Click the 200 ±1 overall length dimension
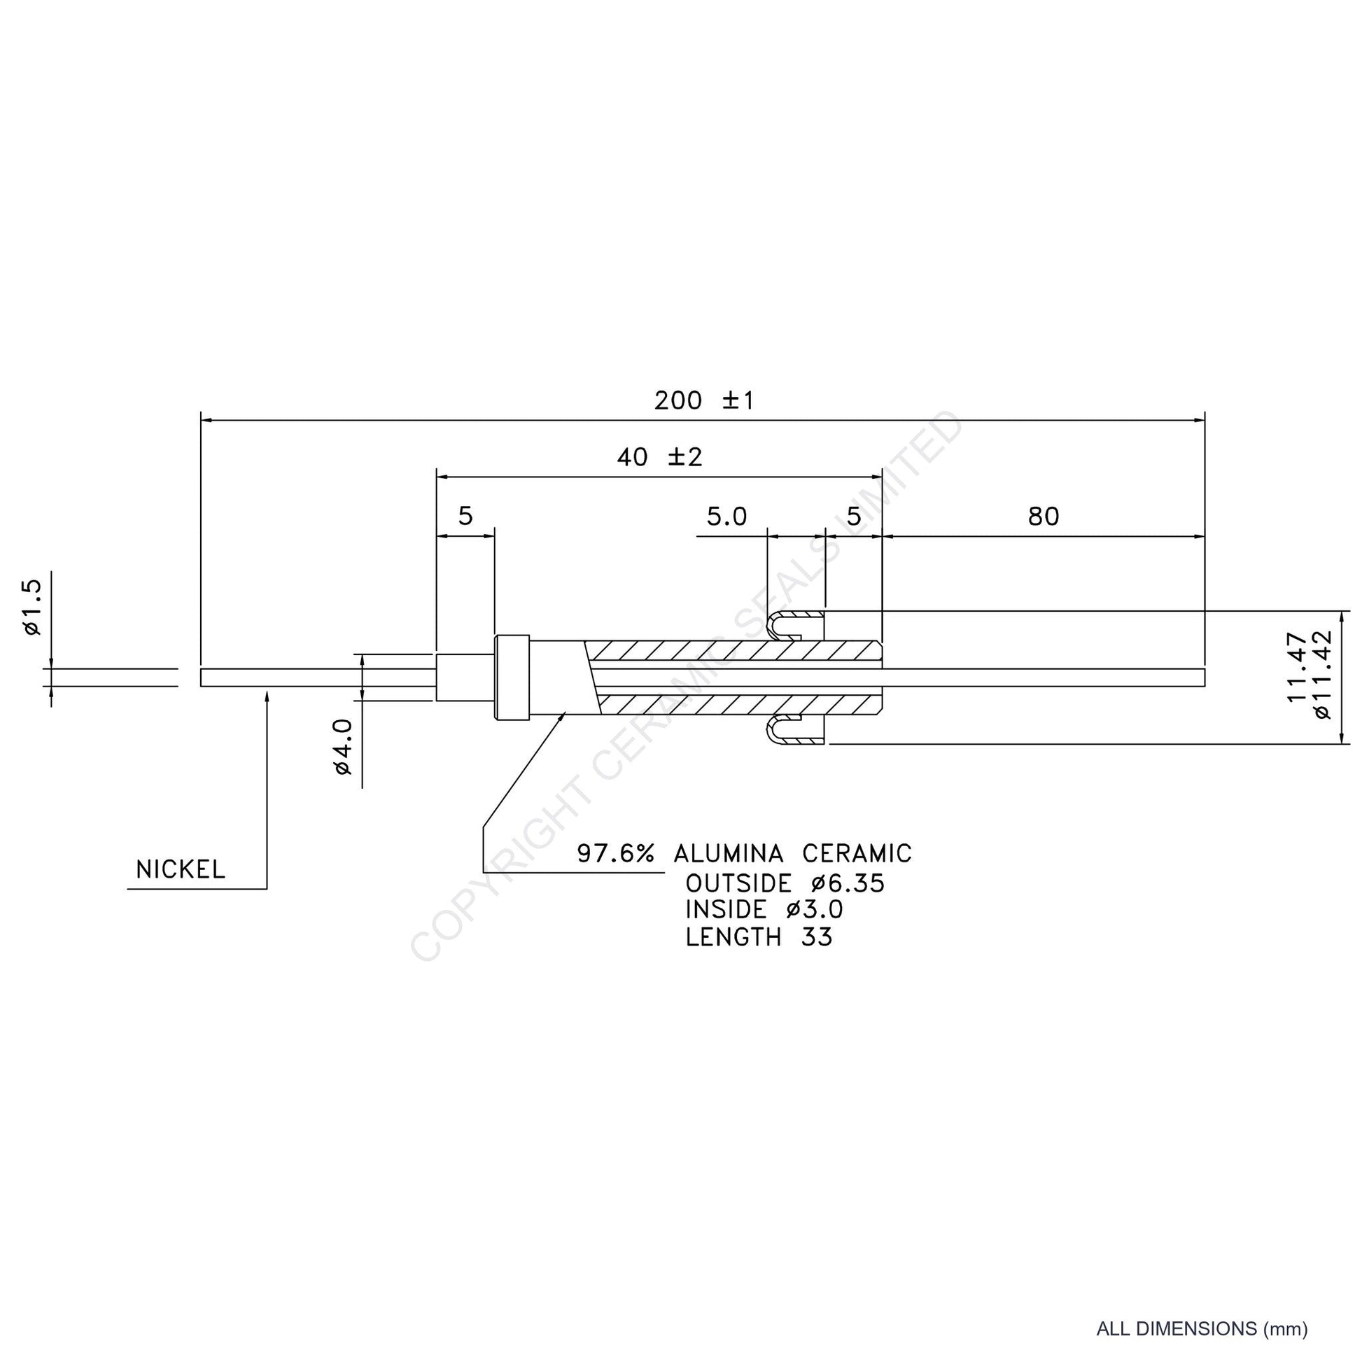click(703, 400)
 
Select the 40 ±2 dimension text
click(660, 458)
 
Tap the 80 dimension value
click(1044, 517)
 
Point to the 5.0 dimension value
click(726, 517)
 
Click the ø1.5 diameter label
click(32, 607)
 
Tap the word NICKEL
click(181, 870)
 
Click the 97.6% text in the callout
click(615, 854)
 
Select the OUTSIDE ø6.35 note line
click(785, 883)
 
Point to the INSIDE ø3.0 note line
click(764, 910)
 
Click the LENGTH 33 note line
click(759, 937)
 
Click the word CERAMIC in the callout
click(857, 854)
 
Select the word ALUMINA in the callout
click(728, 854)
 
